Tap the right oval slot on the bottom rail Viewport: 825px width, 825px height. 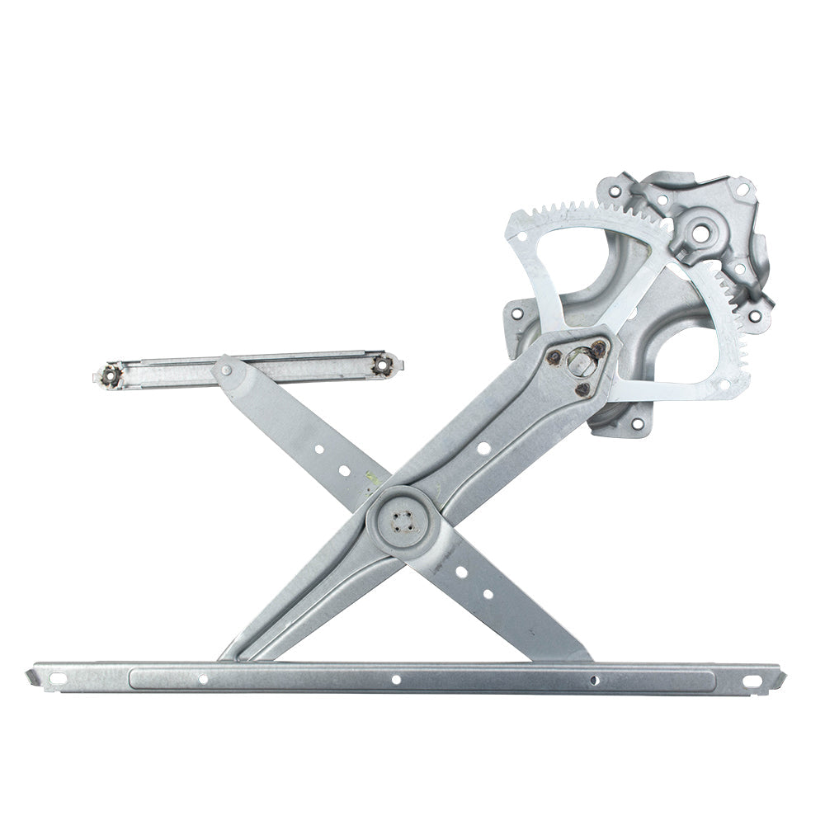tap(754, 681)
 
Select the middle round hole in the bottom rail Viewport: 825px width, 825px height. tap(396, 680)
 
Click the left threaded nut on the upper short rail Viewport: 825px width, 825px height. tap(109, 376)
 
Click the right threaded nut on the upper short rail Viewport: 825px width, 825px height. tap(382, 364)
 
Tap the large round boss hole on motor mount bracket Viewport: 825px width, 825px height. tap(700, 233)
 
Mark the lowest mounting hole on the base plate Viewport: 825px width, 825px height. tap(636, 424)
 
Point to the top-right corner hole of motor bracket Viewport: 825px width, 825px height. tap(742, 190)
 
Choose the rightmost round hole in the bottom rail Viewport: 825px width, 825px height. tap(594, 681)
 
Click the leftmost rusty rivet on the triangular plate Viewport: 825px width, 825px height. tap(554, 356)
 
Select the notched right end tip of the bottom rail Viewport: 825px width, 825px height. tap(779, 677)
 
